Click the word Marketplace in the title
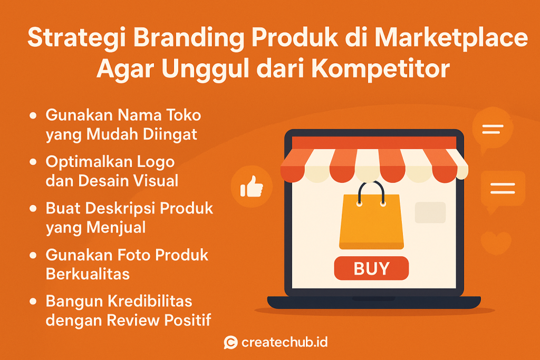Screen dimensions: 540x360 [x=451, y=37]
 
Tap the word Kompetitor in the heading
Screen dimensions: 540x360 [x=381, y=69]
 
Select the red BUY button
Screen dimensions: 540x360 [x=371, y=268]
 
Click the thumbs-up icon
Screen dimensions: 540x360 [x=252, y=187]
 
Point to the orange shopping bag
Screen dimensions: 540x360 [x=371, y=222]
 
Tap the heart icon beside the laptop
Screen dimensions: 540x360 [x=496, y=242]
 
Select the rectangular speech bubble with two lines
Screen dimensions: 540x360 [x=503, y=190]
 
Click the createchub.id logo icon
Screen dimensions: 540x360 [x=231, y=343]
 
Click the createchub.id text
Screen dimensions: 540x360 [x=284, y=343]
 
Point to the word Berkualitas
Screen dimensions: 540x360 [x=88, y=274]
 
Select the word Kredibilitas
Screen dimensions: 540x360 [x=150, y=301]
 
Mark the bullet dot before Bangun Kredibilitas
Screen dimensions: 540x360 [x=33, y=301]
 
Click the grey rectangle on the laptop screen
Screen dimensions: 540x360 [x=430, y=212]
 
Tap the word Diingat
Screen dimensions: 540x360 [x=170, y=134]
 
